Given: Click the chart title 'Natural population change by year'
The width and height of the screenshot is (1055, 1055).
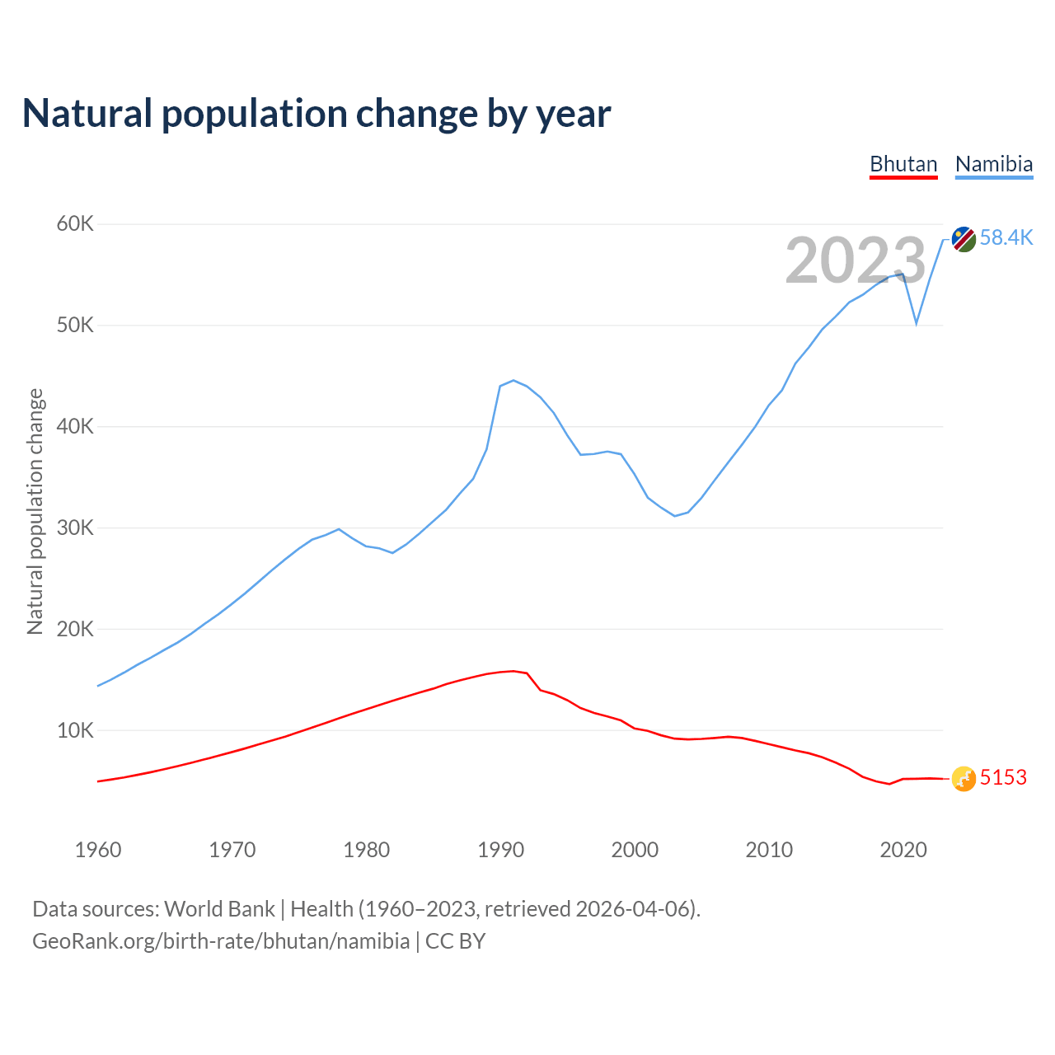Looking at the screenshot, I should click(x=316, y=114).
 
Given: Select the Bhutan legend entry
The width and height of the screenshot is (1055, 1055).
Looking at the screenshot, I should click(x=903, y=164).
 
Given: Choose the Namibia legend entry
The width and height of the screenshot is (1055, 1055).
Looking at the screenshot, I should click(x=994, y=164).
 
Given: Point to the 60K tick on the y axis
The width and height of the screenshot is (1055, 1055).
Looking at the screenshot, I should click(x=76, y=224).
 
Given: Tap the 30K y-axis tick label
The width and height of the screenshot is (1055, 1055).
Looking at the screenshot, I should click(x=76, y=527).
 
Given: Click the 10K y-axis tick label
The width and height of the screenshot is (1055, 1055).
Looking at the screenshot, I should click(x=76, y=730).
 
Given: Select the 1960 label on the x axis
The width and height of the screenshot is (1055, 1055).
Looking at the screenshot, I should click(x=98, y=850).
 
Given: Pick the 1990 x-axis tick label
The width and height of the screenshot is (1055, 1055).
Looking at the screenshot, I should click(x=501, y=850).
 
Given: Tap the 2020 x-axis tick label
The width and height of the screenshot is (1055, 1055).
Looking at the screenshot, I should click(x=903, y=850).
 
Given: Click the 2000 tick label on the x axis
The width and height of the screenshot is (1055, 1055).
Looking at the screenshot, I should click(x=635, y=850).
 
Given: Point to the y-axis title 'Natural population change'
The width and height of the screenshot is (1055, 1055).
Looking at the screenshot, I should click(x=35, y=512).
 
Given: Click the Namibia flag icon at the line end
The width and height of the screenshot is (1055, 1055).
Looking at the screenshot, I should click(x=964, y=239).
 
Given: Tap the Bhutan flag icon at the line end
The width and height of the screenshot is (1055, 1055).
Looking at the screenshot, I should click(x=964, y=778).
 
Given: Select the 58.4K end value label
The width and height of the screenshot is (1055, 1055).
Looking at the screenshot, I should click(x=1006, y=238).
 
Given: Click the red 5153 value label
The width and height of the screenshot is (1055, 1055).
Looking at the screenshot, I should click(x=1003, y=778).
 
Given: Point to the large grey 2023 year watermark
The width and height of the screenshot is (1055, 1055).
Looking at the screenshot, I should click(x=856, y=261).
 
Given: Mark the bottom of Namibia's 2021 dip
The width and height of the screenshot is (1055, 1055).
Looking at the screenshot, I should click(x=917, y=323).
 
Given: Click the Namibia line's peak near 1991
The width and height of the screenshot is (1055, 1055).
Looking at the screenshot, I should click(x=513, y=380).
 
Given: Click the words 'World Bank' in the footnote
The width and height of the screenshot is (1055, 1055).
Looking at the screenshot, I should click(x=219, y=909).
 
